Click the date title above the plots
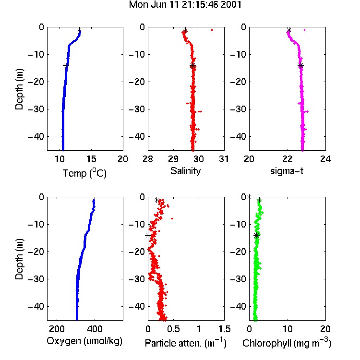tap(185, 5)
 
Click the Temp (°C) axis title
tap(84, 173)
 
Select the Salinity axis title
tap(185, 171)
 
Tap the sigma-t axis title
tap(287, 171)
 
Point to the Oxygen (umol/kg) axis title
tap(84, 341)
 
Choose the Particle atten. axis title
tap(186, 343)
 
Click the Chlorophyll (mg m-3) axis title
tap(287, 343)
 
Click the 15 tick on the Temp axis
tap(91, 159)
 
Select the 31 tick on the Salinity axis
tap(224, 159)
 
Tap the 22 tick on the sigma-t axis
tap(287, 159)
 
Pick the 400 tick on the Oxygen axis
tap(95, 329)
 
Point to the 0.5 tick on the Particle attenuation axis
tap(173, 329)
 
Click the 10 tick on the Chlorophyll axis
tap(287, 329)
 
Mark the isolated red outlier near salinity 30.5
tap(212, 30)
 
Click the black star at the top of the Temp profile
tap(79, 30)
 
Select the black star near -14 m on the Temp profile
tap(66, 65)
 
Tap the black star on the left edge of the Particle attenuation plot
tap(148, 236)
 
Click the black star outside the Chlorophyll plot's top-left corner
tap(249, 197)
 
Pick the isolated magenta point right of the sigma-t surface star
tap(305, 30)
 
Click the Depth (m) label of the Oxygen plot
tap(19, 259)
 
